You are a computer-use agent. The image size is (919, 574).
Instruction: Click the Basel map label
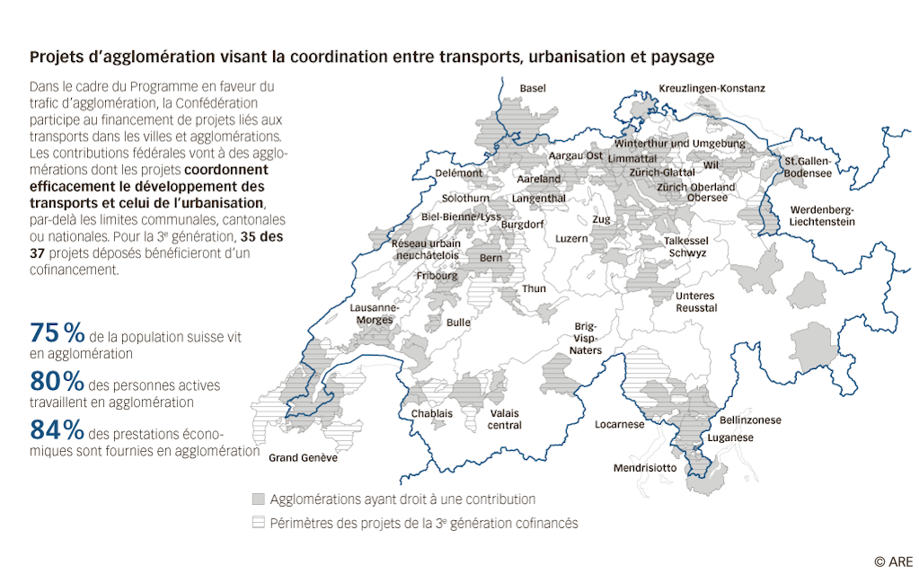coord(533,88)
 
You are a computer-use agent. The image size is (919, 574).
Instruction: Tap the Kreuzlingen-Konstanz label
coord(711,88)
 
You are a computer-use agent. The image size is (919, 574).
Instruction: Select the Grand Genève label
coord(304,458)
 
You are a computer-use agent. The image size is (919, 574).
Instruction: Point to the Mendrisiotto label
coord(645,468)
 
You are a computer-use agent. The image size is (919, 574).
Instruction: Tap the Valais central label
coord(504,419)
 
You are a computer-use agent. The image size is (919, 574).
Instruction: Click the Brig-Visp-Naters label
coord(588,339)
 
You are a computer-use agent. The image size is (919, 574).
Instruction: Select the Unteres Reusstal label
coord(695,302)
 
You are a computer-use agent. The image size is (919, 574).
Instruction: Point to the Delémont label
coord(458,173)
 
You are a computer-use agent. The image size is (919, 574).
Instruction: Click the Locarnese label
coord(619,424)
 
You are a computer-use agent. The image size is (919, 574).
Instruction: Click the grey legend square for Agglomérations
coord(259,499)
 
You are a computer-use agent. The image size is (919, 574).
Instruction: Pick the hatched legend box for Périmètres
coord(259,522)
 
